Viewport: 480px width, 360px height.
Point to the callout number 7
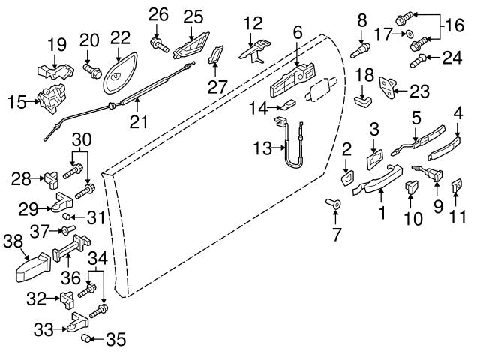coord(335,235)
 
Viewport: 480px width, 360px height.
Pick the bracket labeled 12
coord(255,49)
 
